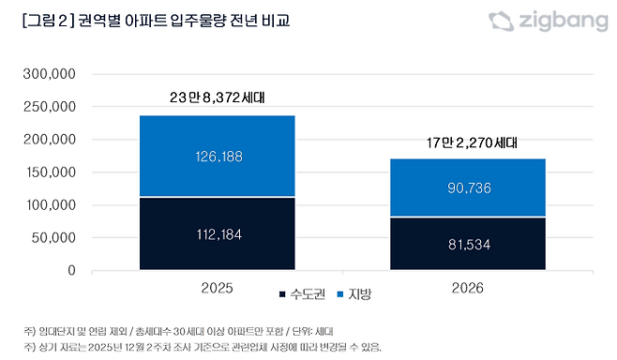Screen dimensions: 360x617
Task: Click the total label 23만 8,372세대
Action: (217, 97)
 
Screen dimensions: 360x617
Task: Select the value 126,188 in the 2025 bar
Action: (217, 157)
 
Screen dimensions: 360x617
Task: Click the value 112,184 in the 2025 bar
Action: (217, 233)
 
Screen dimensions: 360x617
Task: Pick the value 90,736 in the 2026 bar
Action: (468, 187)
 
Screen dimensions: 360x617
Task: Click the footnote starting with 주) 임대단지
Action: (178, 331)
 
